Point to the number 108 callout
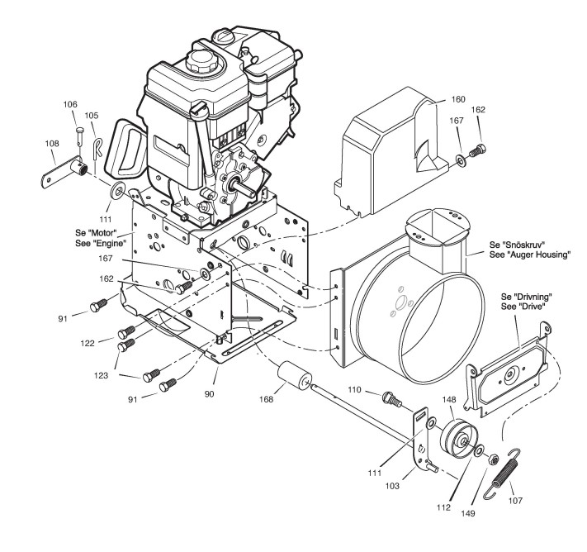52,142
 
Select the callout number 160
458,99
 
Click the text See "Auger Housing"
529,256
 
